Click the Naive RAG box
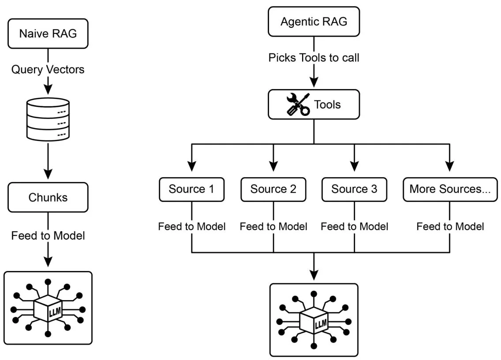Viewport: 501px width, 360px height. (x=48, y=33)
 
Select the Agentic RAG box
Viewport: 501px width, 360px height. (x=314, y=21)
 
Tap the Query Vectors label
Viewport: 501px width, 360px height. (x=48, y=69)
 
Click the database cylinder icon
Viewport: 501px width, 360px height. (x=48, y=118)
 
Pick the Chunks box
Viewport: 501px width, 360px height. (x=48, y=197)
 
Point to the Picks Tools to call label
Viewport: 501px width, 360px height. (x=314, y=57)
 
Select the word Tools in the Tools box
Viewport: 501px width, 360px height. (x=327, y=104)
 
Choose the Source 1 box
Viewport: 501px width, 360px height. (x=191, y=189)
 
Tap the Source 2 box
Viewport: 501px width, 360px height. (x=273, y=189)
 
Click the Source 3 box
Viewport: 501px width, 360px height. (x=354, y=189)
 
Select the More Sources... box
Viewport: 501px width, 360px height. (x=450, y=189)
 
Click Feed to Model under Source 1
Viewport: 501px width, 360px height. (x=192, y=226)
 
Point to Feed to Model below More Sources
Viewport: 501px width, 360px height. (x=450, y=226)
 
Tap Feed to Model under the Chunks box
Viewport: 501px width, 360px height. (x=48, y=236)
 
